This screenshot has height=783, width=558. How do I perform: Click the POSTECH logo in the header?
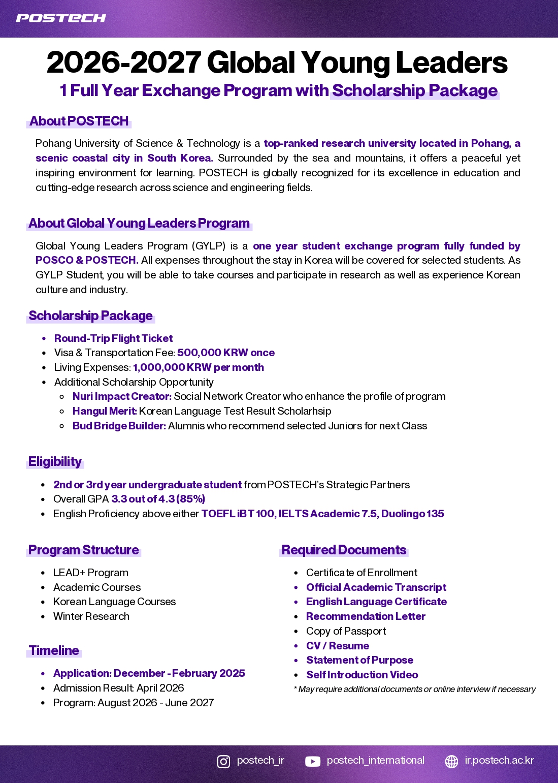pyautogui.click(x=61, y=18)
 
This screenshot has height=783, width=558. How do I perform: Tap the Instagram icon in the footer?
pyautogui.click(x=223, y=761)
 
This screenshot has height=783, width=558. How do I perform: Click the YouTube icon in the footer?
pyautogui.click(x=313, y=761)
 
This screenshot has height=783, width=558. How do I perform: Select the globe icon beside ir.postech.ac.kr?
pyautogui.click(x=451, y=761)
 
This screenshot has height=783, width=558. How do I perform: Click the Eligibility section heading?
pyautogui.click(x=55, y=462)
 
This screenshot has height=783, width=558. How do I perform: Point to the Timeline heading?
pyautogui.click(x=54, y=651)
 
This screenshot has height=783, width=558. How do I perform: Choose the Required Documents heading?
pyautogui.click(x=344, y=550)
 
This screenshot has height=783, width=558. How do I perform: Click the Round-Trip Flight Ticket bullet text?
pyautogui.click(x=113, y=339)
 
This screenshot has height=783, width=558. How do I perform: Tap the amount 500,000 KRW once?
pyautogui.click(x=226, y=353)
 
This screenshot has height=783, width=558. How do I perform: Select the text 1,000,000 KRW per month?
pyautogui.click(x=199, y=368)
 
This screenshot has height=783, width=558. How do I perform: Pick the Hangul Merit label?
pyautogui.click(x=105, y=412)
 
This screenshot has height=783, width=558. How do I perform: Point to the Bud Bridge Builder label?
pyautogui.click(x=119, y=426)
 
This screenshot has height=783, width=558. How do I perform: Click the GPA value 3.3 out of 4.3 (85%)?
pyautogui.click(x=158, y=499)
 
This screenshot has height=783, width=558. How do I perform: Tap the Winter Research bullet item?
pyautogui.click(x=91, y=617)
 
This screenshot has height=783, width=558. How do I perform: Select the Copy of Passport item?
pyautogui.click(x=346, y=632)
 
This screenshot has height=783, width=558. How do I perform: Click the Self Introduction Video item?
pyautogui.click(x=362, y=675)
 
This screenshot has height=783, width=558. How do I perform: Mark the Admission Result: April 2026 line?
pyautogui.click(x=118, y=688)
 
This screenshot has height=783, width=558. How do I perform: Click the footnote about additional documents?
pyautogui.click(x=415, y=690)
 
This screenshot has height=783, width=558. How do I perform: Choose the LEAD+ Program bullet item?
pyautogui.click(x=91, y=573)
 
